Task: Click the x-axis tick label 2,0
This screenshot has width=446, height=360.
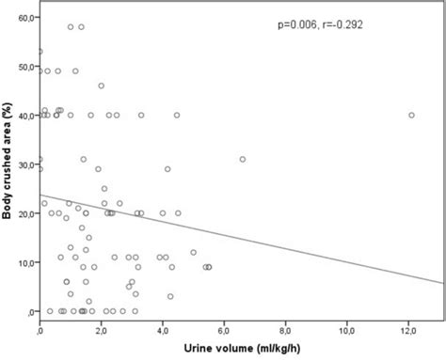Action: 102,331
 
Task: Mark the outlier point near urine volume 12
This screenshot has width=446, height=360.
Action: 411,116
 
